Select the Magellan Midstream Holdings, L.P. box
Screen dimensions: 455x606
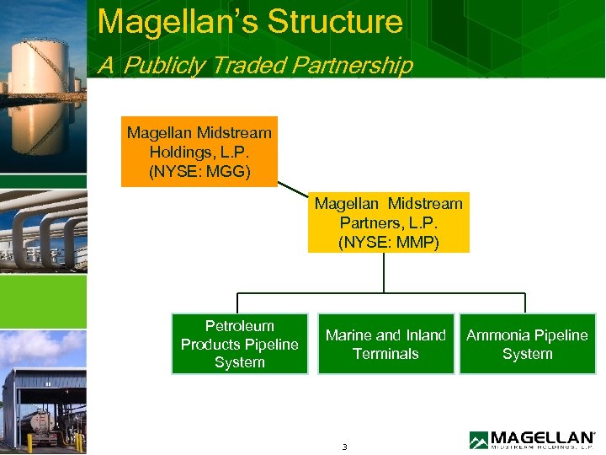coord(199,152)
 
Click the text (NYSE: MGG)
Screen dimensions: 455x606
coord(199,171)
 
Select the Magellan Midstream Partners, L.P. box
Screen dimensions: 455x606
coord(388,222)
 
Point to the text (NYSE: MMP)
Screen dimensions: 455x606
coord(388,242)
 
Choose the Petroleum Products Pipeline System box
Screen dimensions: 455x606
coord(240,344)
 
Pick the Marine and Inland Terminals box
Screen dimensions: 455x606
coord(385,344)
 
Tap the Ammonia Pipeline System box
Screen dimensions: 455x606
coord(527,344)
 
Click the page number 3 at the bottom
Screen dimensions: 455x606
coord(345,446)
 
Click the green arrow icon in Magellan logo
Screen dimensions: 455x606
coord(478,440)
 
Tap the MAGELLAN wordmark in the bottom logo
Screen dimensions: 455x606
coord(542,436)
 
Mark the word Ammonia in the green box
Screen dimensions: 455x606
coord(499,335)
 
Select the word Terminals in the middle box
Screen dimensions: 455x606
coord(385,354)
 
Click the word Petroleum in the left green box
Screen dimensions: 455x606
coord(240,326)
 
